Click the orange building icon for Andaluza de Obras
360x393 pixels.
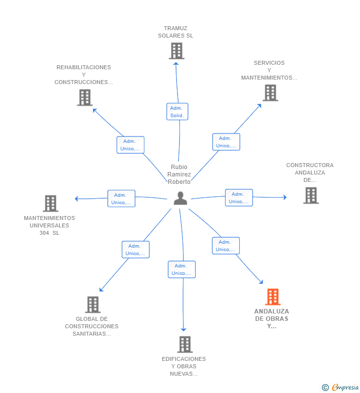pos(273,297)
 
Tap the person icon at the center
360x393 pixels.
pos(180,198)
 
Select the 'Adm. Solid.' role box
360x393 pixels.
pos(177,112)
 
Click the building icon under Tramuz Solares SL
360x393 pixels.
pos(177,51)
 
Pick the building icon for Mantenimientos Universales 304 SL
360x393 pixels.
pos(50,203)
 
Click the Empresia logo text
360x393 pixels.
pos(345,387)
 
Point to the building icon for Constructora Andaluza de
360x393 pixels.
pos(311,195)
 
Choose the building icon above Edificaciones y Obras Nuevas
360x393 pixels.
pos(185,345)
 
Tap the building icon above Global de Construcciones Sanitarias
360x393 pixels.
pos(93,305)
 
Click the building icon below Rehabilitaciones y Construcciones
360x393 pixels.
pos(85,97)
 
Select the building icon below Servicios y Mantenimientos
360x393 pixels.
pos(270,93)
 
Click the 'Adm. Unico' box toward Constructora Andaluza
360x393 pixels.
pos(239,198)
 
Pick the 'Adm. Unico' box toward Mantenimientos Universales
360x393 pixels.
pos(121,199)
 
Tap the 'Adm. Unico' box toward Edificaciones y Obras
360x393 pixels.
pos(182,269)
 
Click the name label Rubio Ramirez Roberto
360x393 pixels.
pos(179,174)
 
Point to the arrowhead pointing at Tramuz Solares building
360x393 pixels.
pos(176,64)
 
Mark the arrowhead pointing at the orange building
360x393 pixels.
pos(261,282)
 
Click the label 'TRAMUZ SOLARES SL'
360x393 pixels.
pos(176,32)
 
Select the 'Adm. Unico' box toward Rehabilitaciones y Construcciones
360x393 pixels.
pos(131,145)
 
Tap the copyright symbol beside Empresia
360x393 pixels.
pos(325,388)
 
